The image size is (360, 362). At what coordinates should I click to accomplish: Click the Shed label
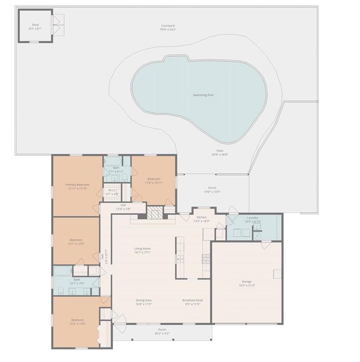click(35, 25)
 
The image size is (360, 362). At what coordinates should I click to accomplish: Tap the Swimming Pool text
click(203, 95)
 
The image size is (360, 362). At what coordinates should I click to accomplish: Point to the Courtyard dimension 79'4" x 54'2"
click(168, 30)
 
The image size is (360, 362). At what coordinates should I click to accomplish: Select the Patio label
click(220, 150)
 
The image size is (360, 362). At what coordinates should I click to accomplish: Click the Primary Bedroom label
click(77, 185)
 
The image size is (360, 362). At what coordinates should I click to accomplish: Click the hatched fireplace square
click(154, 213)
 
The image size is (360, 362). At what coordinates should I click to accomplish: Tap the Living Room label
click(142, 248)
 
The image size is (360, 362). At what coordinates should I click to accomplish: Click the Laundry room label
click(252, 218)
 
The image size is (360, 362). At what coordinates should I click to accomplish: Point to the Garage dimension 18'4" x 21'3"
click(247, 286)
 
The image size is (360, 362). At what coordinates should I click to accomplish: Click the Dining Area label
click(144, 300)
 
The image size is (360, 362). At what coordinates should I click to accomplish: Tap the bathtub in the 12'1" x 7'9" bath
click(62, 271)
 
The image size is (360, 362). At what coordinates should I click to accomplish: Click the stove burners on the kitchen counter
click(206, 257)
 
